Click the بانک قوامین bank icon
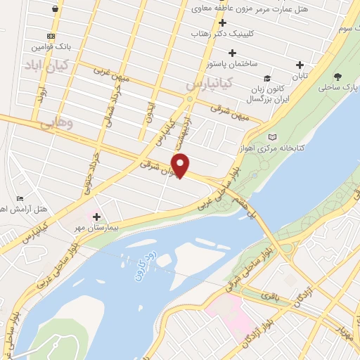pyautogui.click(x=50, y=36)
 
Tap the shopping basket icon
pyautogui.click(x=55, y=8)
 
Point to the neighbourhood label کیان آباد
pyautogui.click(x=44, y=66)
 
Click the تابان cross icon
pyautogui.click(x=299, y=65)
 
